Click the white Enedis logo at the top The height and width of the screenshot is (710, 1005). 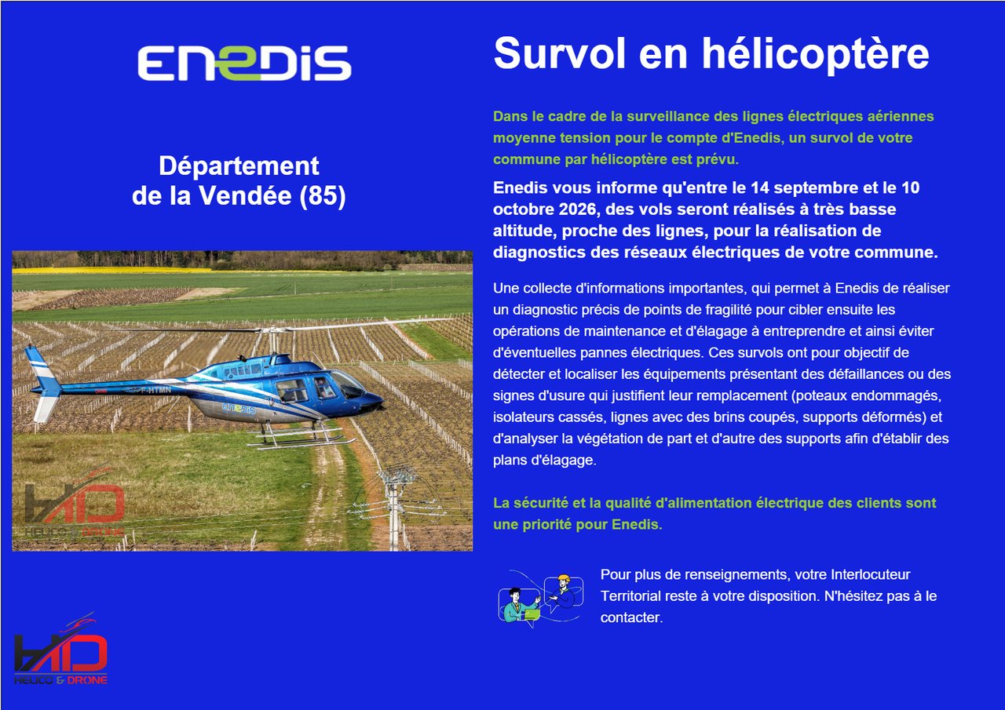click(x=244, y=63)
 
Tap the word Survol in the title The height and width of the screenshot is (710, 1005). click(x=559, y=53)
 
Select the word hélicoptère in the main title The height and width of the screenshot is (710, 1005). click(x=815, y=55)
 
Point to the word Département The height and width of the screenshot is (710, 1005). click(x=239, y=166)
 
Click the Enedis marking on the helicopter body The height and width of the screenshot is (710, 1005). click(x=239, y=408)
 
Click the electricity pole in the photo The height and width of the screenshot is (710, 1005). click(x=394, y=508)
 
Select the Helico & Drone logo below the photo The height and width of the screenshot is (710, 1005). click(x=60, y=649)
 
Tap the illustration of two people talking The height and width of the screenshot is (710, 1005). click(x=542, y=599)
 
